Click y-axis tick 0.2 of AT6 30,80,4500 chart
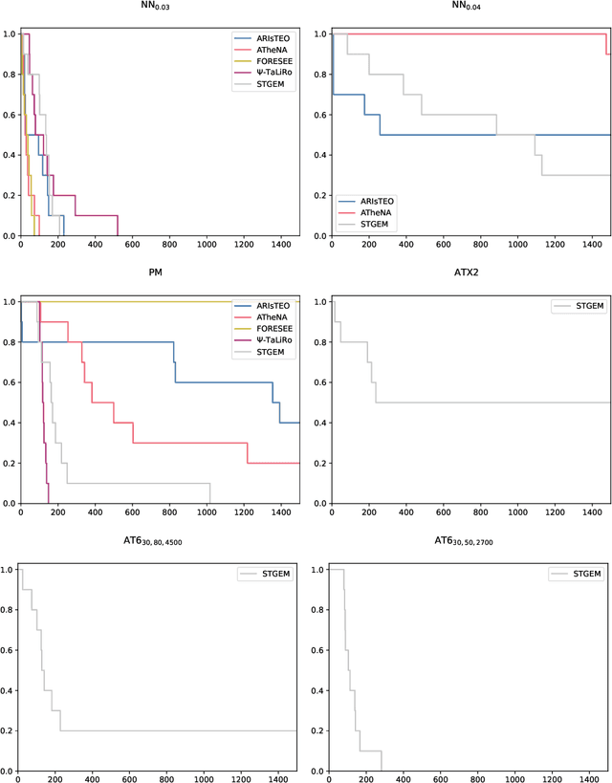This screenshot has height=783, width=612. pos(9,730)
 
